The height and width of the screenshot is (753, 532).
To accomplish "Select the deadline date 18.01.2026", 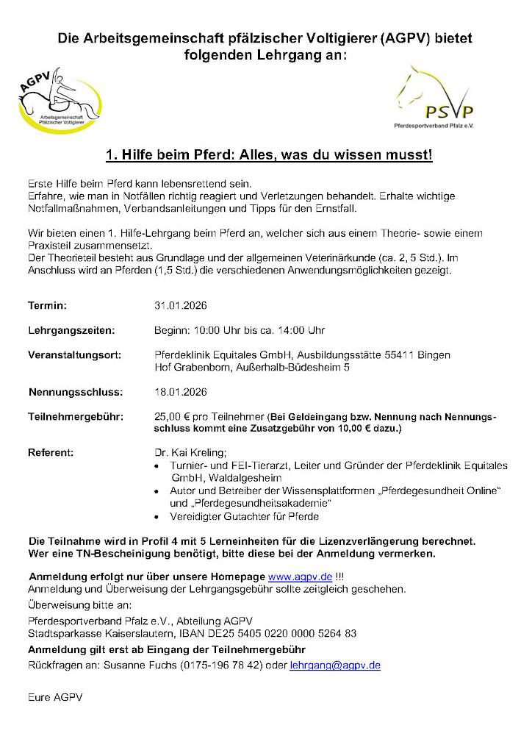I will pyautogui.click(x=181, y=391).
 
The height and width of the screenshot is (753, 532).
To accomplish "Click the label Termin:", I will pyautogui.click(x=47, y=305).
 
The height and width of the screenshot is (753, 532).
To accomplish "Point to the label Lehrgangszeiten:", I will pyautogui.click(x=71, y=330).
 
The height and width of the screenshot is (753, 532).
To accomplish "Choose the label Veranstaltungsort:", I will pyautogui.click(x=74, y=354).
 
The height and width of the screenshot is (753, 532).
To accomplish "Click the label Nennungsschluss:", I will pyautogui.click(x=75, y=391).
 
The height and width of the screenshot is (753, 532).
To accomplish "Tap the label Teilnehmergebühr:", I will pyautogui.click(x=75, y=416).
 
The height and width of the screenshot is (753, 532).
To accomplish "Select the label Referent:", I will pyautogui.click(x=51, y=452).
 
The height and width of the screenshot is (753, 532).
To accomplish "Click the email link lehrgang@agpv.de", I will pyautogui.click(x=334, y=665).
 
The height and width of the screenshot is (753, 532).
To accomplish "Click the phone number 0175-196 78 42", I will pyautogui.click(x=220, y=665).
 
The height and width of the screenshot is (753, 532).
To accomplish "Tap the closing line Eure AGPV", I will pyautogui.click(x=55, y=696).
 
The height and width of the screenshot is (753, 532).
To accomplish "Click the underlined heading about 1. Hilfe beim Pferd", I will pyautogui.click(x=269, y=155).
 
